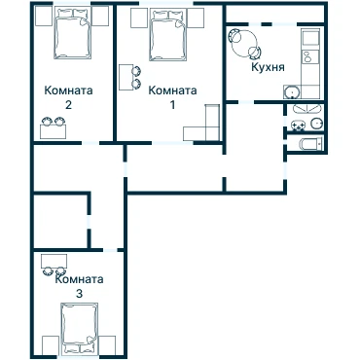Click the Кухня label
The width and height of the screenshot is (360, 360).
coord(268,67)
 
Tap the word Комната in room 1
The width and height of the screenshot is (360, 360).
coord(172,90)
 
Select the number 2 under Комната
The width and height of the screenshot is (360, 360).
coord(68,105)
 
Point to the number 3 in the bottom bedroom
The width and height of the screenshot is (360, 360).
coord(79,294)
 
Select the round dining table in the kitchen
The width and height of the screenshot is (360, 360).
coord(244,43)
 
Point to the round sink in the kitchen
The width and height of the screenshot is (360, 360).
coord(293,92)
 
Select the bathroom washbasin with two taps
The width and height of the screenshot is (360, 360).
coord(298,125)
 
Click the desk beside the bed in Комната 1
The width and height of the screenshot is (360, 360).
coord(126,77)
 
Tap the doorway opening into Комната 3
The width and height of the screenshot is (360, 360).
coord(110,250)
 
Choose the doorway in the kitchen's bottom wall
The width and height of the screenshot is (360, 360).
coord(246,102)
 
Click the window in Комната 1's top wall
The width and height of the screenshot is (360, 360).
coord(166,4)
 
